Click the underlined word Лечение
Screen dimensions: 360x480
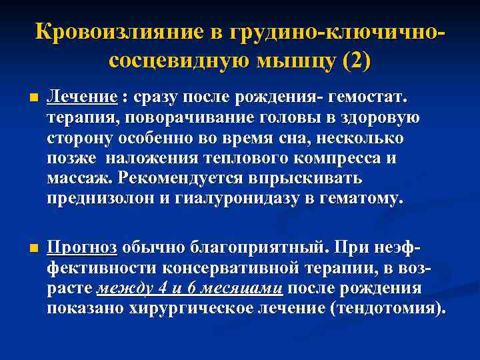82,98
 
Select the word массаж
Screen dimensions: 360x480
79,179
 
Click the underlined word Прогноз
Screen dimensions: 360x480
83,248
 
